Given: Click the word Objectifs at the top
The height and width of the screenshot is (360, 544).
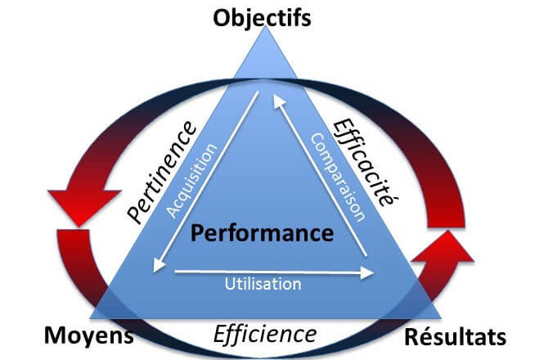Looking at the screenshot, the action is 262,18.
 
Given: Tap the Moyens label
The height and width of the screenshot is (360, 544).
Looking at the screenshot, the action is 89,336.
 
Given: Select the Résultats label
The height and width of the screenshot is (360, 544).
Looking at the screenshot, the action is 455,337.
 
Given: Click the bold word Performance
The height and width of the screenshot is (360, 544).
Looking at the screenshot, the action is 262,233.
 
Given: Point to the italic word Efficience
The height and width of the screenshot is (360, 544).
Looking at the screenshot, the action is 265,335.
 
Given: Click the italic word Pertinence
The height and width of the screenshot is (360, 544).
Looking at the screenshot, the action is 162,172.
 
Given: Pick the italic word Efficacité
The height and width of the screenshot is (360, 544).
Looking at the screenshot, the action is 366,162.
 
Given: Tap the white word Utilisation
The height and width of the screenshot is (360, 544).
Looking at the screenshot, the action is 263,284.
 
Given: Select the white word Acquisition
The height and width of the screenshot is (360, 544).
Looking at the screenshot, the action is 192,181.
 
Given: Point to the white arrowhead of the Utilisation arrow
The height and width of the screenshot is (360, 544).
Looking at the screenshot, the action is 367,273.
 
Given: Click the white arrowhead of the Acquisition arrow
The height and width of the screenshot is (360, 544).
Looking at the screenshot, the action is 158,266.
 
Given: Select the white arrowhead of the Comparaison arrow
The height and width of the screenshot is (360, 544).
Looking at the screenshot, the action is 279,101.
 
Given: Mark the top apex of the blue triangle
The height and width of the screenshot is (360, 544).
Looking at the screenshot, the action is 265,26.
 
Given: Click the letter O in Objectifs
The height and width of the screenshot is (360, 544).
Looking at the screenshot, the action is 222,18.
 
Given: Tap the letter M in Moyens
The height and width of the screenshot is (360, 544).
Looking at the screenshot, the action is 56,335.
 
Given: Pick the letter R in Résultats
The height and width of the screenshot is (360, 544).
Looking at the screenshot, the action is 413,337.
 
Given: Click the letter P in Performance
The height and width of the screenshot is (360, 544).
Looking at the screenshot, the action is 197,233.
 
